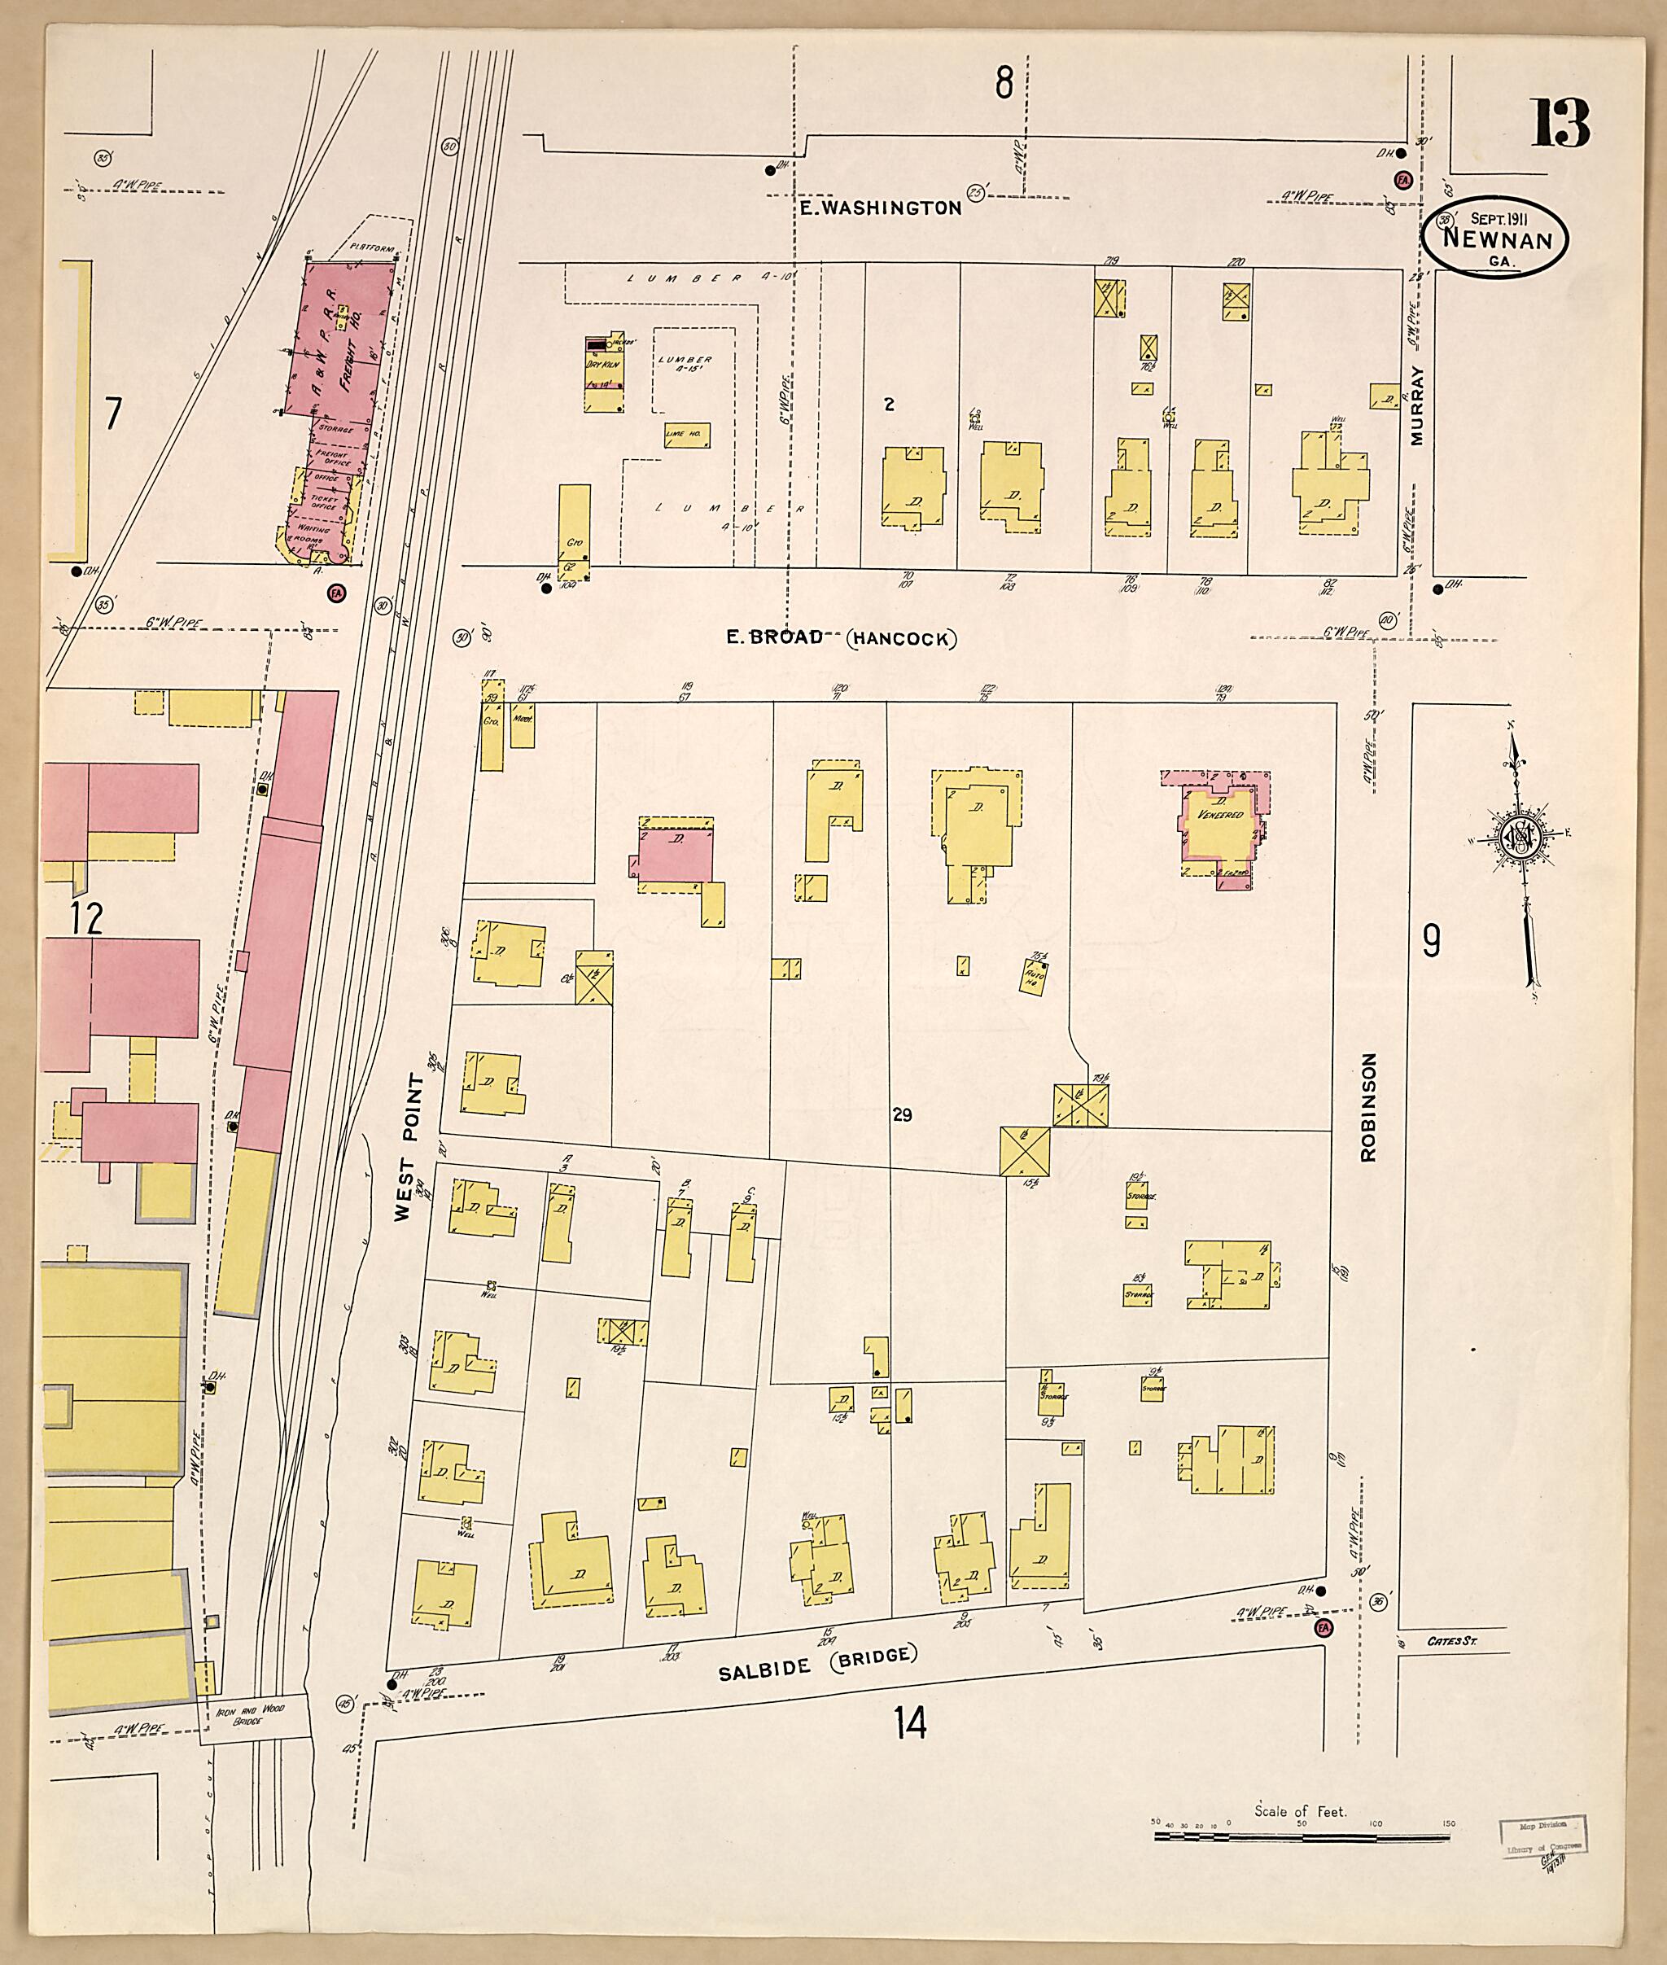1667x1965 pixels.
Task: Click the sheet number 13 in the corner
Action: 1560,123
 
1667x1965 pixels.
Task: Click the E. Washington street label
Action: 880,208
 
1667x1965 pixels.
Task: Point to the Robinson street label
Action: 1369,1107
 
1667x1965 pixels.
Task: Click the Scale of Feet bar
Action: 1302,1836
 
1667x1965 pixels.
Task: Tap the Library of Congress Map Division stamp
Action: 1540,1836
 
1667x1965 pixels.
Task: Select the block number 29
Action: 902,1115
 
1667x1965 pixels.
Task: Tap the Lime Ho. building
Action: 687,435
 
